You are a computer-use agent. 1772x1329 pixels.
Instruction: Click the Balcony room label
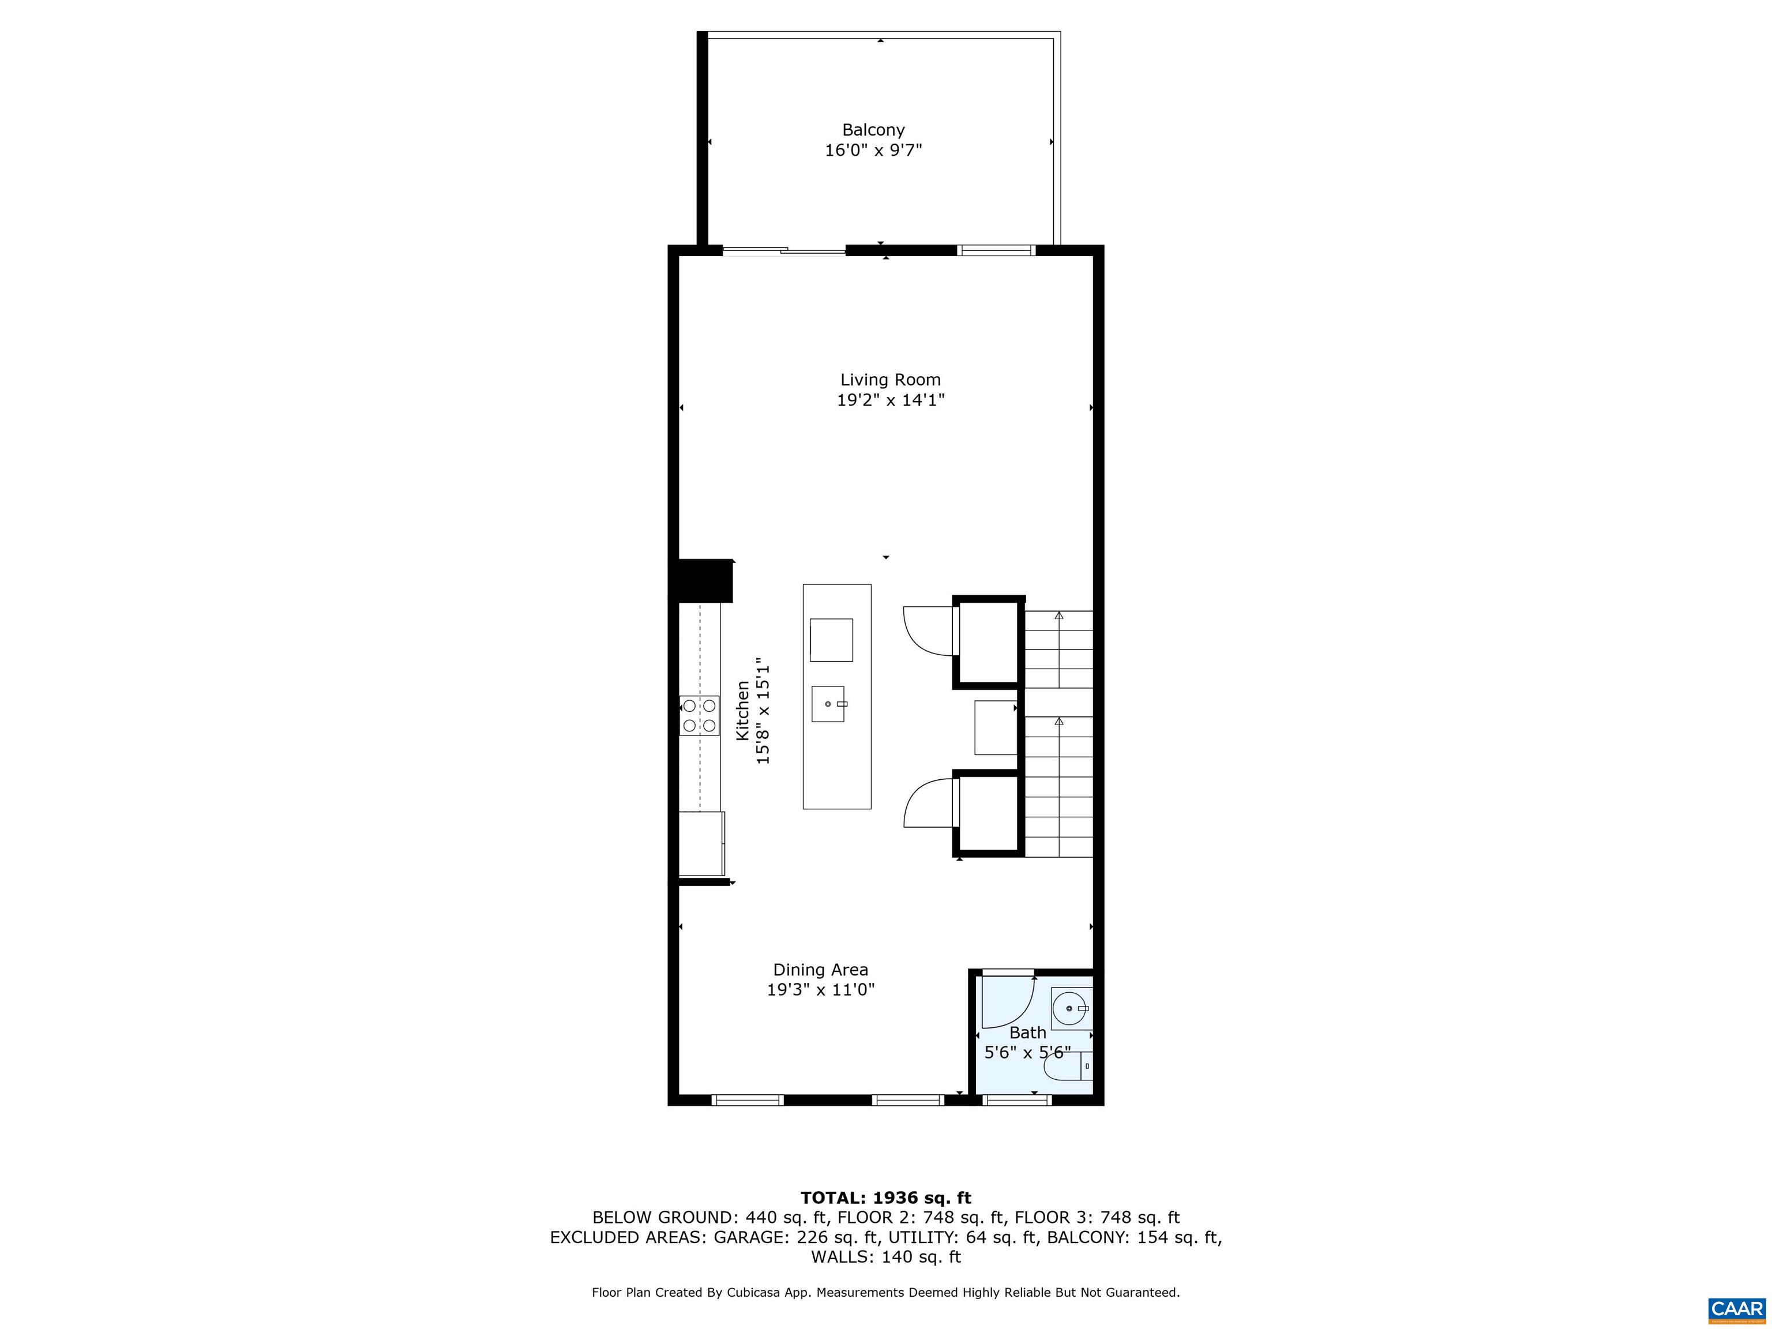873,130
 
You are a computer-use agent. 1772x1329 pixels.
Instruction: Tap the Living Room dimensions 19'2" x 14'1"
891,400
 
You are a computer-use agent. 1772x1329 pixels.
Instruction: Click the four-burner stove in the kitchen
699,715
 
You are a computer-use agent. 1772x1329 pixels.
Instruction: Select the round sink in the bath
1072,1008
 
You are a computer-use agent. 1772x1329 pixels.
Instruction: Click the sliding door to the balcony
784,251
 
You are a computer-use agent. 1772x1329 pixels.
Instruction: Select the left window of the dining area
748,1100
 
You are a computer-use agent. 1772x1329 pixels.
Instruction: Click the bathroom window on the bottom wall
1016,1100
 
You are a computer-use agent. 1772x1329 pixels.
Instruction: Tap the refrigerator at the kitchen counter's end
702,843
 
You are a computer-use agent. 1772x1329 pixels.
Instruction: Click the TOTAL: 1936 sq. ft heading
886,1197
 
